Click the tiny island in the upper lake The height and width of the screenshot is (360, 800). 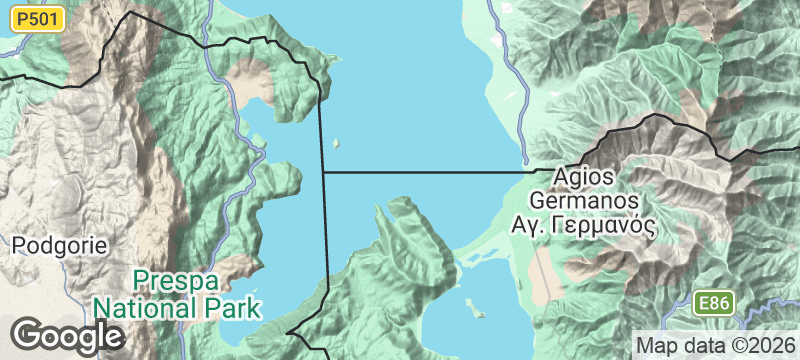(336, 143)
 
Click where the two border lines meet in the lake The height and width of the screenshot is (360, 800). (323, 172)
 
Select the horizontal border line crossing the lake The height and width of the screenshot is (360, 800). (430, 172)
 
